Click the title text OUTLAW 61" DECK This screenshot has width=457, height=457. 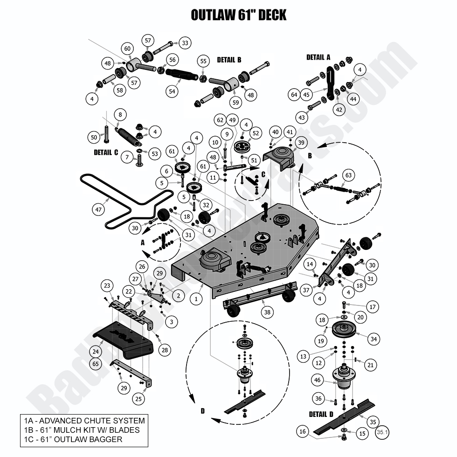[238, 15]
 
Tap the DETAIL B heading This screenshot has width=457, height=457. [229, 60]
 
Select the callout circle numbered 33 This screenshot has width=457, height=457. [185, 43]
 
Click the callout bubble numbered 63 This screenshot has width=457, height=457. [349, 175]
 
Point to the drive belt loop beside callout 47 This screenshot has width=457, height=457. [126, 201]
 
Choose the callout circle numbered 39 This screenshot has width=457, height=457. [301, 143]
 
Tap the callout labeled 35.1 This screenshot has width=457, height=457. [382, 432]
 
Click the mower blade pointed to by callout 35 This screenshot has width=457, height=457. [345, 417]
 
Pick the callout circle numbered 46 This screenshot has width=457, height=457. [318, 380]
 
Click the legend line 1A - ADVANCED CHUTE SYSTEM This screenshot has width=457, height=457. [84, 421]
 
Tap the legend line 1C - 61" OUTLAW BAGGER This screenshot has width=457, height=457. [73, 439]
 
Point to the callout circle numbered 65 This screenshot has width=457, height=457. [96, 364]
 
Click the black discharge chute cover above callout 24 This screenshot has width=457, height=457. [123, 339]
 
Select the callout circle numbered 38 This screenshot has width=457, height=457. [267, 312]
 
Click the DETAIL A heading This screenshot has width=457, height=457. [318, 57]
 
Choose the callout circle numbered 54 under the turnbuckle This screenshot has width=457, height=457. [172, 91]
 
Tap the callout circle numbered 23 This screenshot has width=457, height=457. [107, 285]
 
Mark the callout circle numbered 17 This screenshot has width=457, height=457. [373, 307]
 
